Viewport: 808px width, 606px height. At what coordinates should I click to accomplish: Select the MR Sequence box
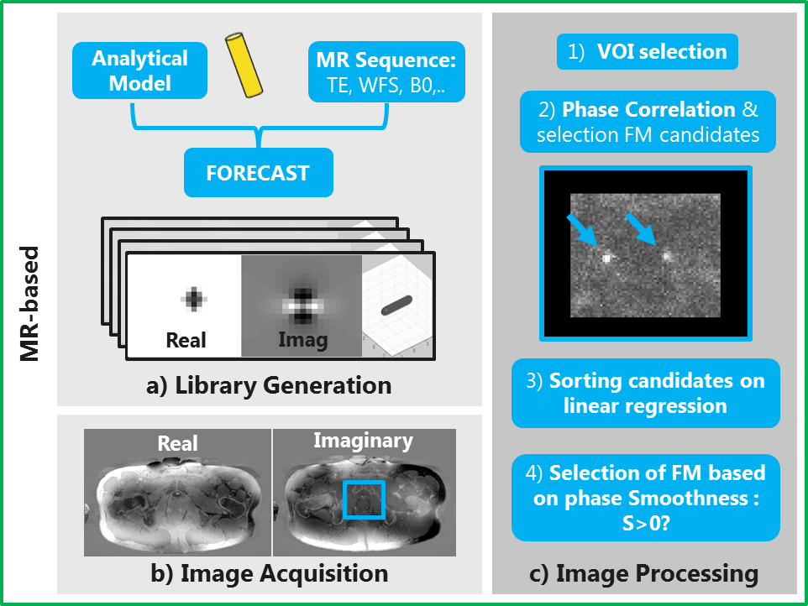point(386,71)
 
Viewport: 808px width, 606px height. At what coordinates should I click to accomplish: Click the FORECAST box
point(258,175)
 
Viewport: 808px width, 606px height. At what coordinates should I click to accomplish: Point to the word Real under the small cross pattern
point(186,339)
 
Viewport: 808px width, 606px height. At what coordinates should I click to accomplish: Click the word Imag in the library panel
point(303,340)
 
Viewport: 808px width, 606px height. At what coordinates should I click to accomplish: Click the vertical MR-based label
point(30,304)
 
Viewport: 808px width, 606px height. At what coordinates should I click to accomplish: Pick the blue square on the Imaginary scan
point(364,501)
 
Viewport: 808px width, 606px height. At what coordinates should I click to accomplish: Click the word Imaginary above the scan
point(364,440)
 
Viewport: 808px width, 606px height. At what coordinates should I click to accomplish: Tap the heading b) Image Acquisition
point(269,573)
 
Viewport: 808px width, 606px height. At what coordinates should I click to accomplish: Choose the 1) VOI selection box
point(647,52)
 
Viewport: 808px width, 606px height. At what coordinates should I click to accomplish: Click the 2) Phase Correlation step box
point(647,122)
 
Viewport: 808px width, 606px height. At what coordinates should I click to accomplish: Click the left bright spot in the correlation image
point(606,259)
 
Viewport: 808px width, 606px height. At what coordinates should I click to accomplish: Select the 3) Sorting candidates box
point(645,393)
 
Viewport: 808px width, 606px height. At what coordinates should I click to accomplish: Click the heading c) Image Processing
point(645,573)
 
